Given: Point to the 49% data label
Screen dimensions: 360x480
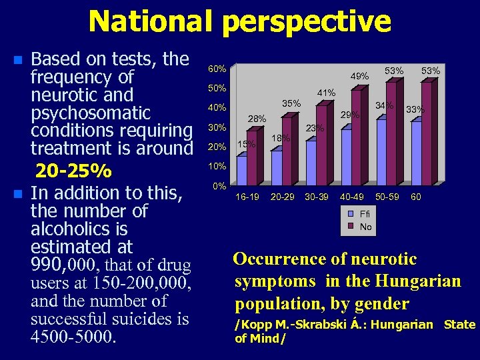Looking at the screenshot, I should pyautogui.click(x=360, y=77).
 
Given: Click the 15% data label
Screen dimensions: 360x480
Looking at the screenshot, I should pyautogui.click(x=246, y=144).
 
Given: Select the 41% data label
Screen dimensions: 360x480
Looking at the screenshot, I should pyautogui.click(x=326, y=93).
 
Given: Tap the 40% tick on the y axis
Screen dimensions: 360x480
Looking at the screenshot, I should pyautogui.click(x=217, y=108).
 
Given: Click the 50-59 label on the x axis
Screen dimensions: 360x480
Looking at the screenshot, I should pyautogui.click(x=387, y=197).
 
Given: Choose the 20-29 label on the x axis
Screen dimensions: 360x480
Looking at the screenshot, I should pyautogui.click(x=283, y=197).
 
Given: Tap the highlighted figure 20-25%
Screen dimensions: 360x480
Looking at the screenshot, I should pyautogui.click(x=73, y=171).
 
